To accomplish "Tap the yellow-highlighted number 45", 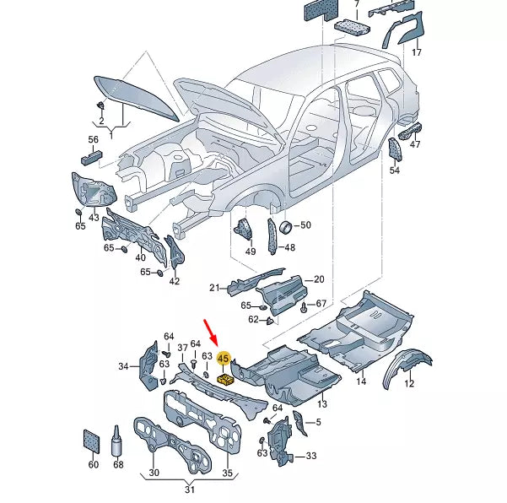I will tap(224, 360).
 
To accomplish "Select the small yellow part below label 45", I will tap(225, 379).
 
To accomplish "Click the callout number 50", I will tap(305, 225).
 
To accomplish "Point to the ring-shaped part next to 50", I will tap(285, 226).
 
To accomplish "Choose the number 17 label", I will tap(416, 53).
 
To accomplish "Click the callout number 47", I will tap(415, 144).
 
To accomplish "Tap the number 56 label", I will tap(93, 139).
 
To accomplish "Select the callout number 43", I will tap(94, 218).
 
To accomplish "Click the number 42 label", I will tap(174, 281).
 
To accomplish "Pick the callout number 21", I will tap(214, 288).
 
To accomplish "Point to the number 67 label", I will tap(321, 304).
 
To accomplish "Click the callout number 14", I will tap(361, 381).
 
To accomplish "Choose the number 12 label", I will tap(409, 384).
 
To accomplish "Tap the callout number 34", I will tap(123, 366).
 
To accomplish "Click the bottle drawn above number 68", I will tap(117, 440).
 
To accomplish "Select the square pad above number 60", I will tap(93, 439).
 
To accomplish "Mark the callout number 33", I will tap(311, 456).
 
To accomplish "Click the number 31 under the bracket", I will tap(190, 491).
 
